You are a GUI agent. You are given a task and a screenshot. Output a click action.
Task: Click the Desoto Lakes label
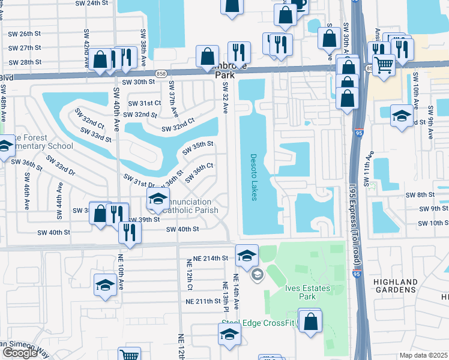click(x=254, y=178)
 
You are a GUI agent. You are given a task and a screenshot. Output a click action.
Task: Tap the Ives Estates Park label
click(x=307, y=293)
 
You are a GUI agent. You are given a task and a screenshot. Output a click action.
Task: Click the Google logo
click(x=20, y=353)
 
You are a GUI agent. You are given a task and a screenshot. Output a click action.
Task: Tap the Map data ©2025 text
click(x=423, y=355)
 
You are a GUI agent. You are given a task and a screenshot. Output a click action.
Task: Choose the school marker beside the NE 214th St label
click(x=247, y=256)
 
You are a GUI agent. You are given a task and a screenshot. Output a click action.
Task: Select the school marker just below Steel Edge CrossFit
click(x=229, y=335)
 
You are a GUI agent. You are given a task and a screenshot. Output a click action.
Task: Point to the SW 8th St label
click(x=420, y=195)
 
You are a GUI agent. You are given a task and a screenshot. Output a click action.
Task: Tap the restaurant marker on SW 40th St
click(x=130, y=232)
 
